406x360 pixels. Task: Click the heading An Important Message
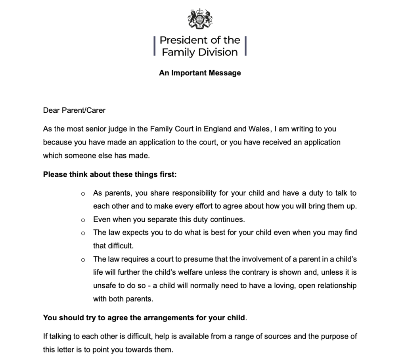[200, 73]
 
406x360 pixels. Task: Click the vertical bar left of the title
[154, 46]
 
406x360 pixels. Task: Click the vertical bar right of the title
[246, 46]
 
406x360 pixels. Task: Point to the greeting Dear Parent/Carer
[74, 110]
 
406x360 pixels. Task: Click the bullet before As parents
[83, 194]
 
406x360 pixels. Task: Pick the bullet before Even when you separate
[83, 219]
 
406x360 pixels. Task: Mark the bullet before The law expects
[83, 233]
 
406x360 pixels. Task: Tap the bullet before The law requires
[83, 260]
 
